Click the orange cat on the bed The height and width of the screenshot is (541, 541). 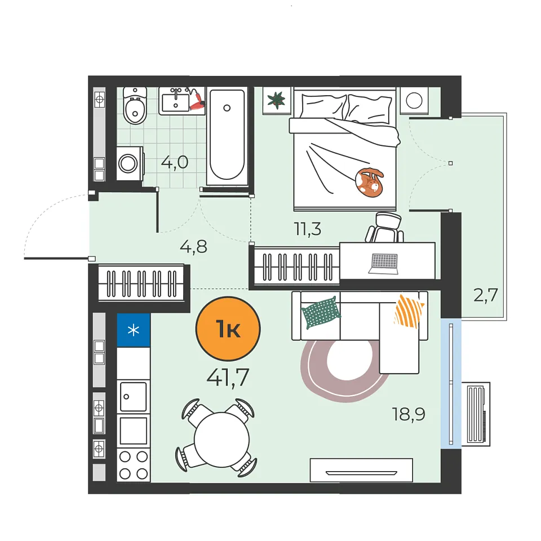[x=369, y=183]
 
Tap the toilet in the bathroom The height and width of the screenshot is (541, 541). [x=135, y=105]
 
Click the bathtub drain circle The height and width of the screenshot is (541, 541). [x=227, y=108]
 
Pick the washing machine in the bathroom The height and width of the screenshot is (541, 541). [x=130, y=163]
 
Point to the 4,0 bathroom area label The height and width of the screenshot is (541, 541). [x=175, y=162]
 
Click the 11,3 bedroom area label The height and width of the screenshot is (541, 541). [x=308, y=229]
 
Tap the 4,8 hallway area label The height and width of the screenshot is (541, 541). [x=193, y=247]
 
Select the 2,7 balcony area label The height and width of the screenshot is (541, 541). [x=485, y=295]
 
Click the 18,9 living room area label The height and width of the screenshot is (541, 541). [x=409, y=414]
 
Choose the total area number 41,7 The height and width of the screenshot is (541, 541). [x=228, y=378]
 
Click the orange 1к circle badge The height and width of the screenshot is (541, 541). [x=228, y=329]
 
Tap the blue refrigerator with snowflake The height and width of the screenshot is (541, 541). [x=134, y=330]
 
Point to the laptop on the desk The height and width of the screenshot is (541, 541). [x=383, y=264]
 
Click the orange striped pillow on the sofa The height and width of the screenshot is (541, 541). [x=409, y=311]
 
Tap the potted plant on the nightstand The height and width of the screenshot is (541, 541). [x=276, y=100]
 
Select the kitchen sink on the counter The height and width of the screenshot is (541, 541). [x=133, y=397]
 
